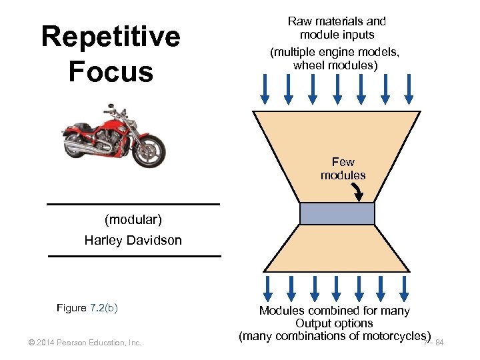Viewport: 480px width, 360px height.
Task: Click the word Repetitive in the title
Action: [111, 37]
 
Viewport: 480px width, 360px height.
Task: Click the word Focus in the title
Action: [111, 72]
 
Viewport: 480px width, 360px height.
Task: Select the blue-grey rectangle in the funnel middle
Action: [337, 213]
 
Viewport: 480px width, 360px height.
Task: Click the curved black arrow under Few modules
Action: [358, 192]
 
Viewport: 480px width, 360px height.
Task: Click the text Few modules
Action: [343, 169]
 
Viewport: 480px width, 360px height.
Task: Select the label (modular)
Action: [133, 219]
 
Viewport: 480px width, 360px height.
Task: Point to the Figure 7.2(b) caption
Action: [87, 308]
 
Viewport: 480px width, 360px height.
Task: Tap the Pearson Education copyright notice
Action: [85, 343]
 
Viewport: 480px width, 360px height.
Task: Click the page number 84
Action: [439, 343]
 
